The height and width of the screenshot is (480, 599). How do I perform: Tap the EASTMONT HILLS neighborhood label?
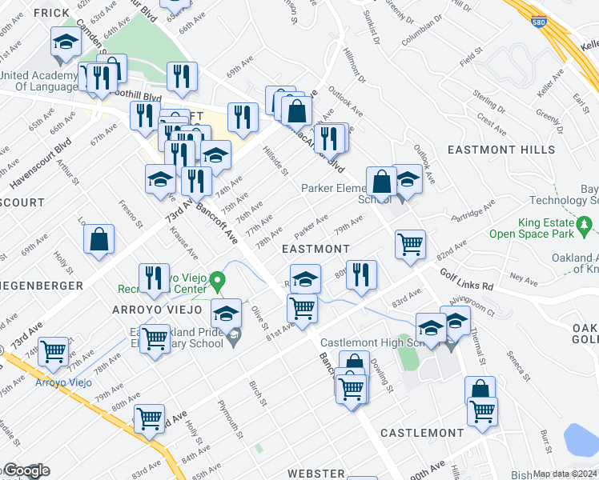[x=501, y=150]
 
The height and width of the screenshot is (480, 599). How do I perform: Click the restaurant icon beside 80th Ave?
[x=361, y=274]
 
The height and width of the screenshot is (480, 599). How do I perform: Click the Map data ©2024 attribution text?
[x=565, y=474]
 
